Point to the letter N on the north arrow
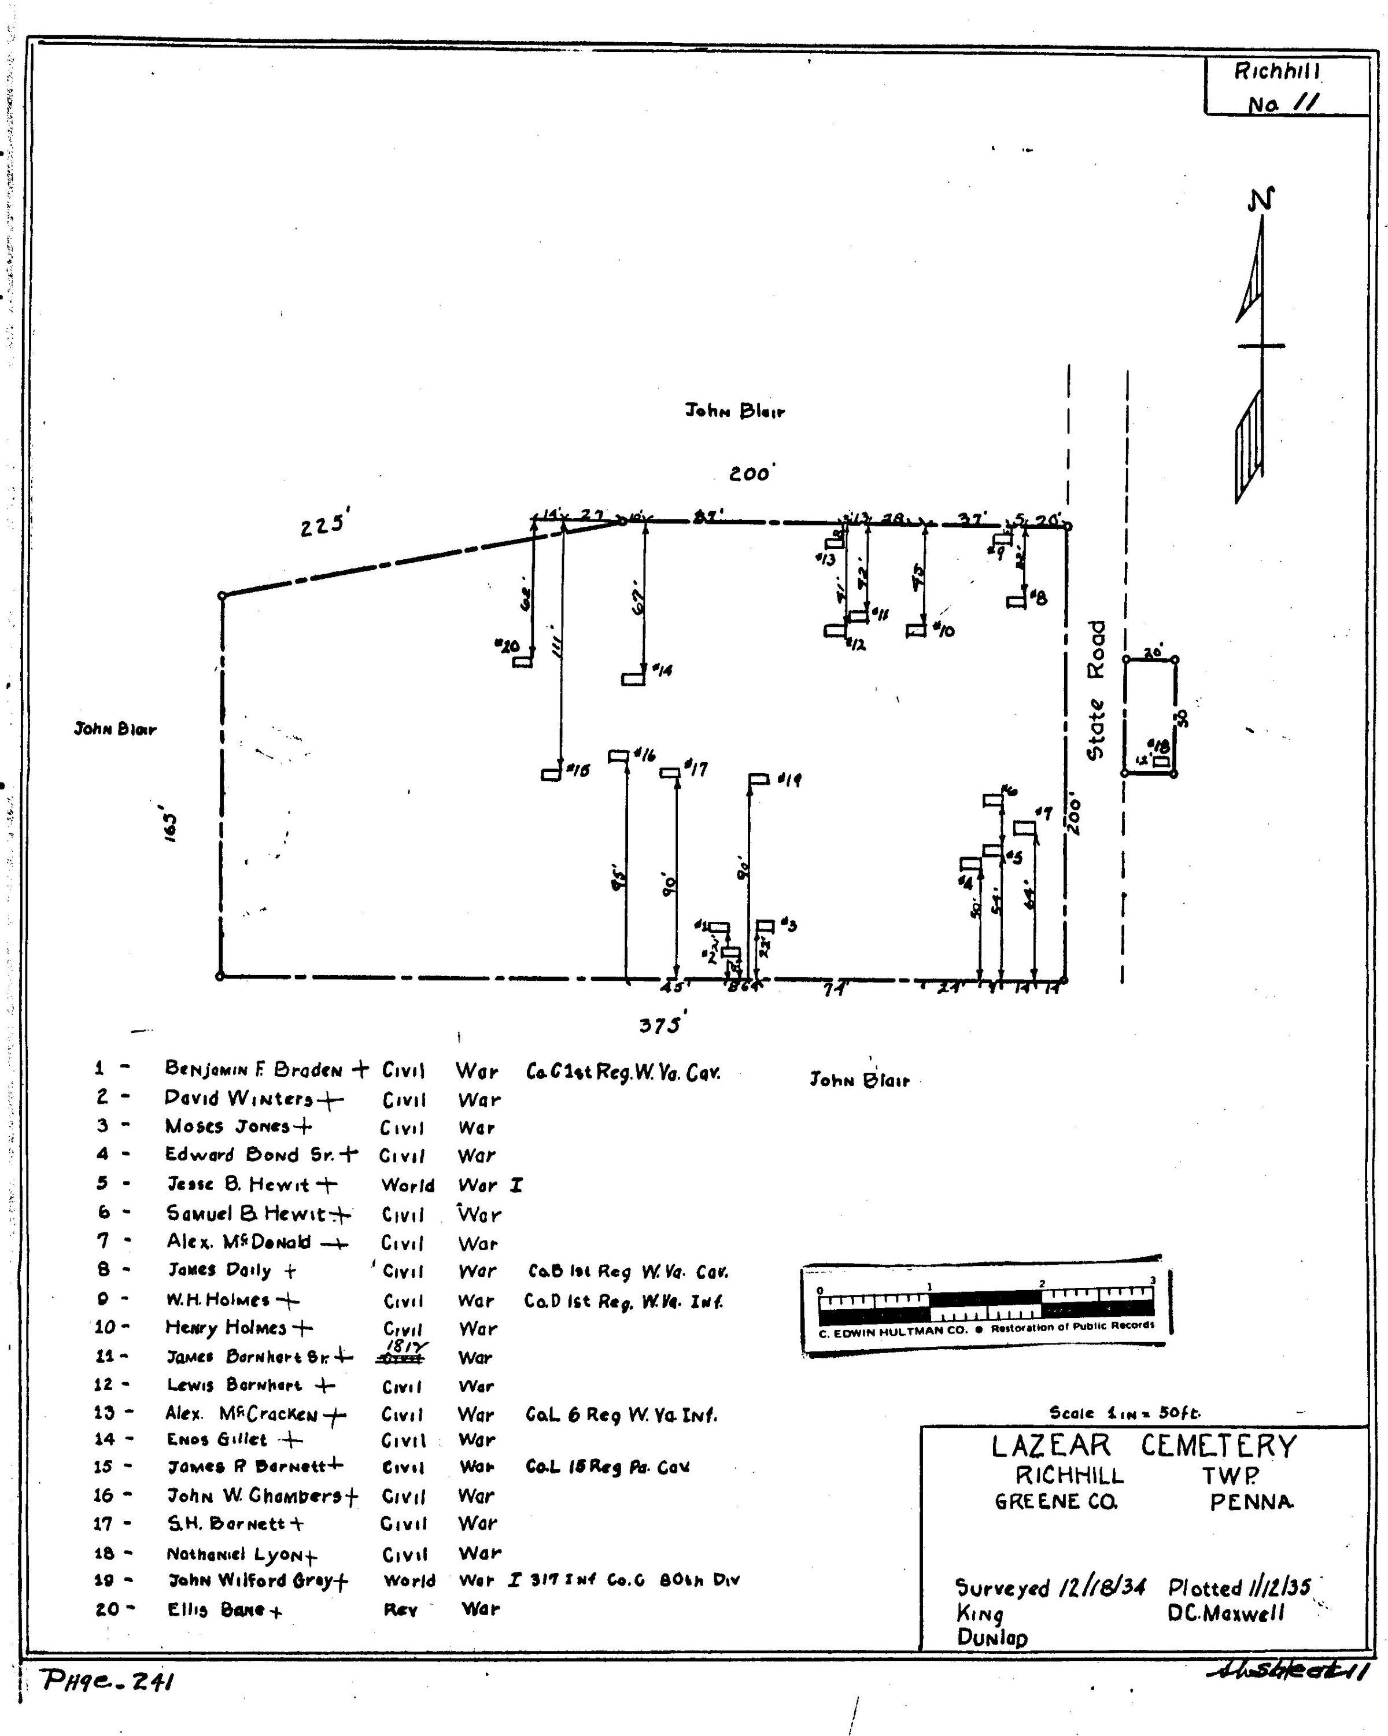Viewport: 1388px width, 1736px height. tap(1261, 199)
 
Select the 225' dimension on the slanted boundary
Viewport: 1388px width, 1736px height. tap(322, 527)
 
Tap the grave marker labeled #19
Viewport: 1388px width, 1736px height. tap(758, 778)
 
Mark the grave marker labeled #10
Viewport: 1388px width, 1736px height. tap(916, 630)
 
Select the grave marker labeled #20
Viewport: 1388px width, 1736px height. tap(522, 661)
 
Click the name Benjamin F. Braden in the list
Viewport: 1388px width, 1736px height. tap(254, 1069)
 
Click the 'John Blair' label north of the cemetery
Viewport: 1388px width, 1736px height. tap(735, 412)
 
